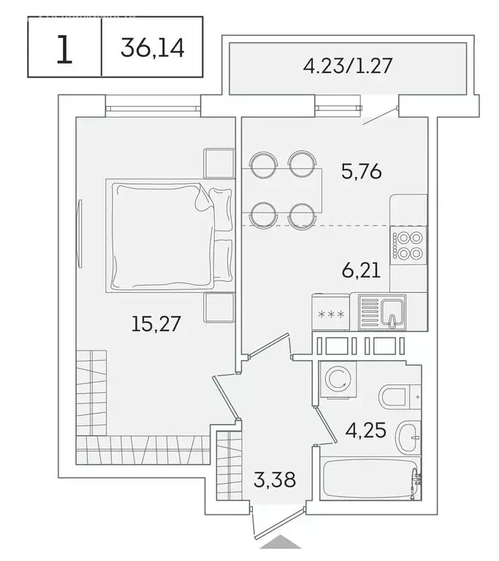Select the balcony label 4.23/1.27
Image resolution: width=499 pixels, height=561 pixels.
pyautogui.click(x=348, y=66)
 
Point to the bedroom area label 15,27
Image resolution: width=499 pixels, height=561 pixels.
pyautogui.click(x=156, y=323)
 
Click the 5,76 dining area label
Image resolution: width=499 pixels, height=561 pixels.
pyautogui.click(x=362, y=172)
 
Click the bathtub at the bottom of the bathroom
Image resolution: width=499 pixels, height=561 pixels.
pyautogui.click(x=370, y=479)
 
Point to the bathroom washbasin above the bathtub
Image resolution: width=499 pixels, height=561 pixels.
pyautogui.click(x=408, y=438)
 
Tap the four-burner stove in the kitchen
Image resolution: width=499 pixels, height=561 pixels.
pyautogui.click(x=408, y=245)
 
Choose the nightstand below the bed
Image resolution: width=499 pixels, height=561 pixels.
pyautogui.click(x=218, y=309)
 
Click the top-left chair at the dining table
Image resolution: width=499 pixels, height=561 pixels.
pyautogui.click(x=261, y=162)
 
